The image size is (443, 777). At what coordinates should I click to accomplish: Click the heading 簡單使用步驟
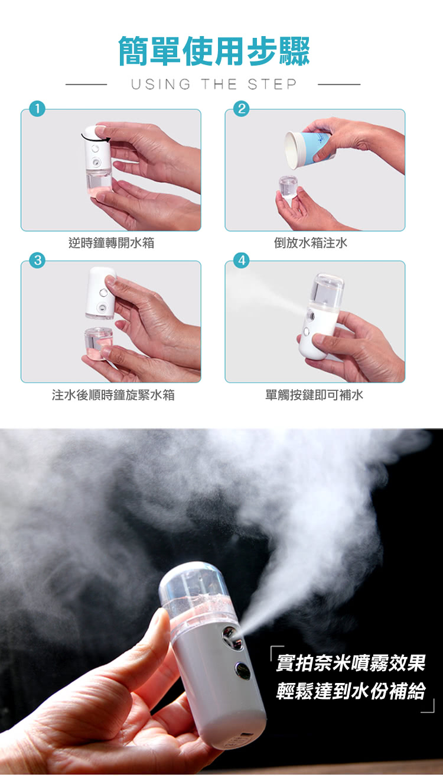pyautogui.click(x=214, y=51)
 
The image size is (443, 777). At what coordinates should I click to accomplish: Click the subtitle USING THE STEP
pyautogui.click(x=214, y=85)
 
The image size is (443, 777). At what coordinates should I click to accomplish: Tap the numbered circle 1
pyautogui.click(x=37, y=109)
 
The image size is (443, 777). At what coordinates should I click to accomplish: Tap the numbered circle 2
pyautogui.click(x=242, y=109)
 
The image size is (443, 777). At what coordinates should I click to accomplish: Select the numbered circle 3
pyautogui.click(x=37, y=260)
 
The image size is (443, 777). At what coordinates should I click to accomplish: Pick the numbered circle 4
pyautogui.click(x=242, y=260)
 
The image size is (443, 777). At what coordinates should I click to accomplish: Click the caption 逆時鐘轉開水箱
pyautogui.click(x=111, y=243)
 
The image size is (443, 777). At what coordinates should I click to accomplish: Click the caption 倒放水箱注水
pyautogui.click(x=310, y=243)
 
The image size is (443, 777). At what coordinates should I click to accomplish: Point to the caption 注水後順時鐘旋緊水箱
pyautogui.click(x=113, y=395)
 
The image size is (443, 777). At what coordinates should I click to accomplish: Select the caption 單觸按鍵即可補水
pyautogui.click(x=314, y=395)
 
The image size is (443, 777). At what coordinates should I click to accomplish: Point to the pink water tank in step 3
pyautogui.click(x=98, y=343)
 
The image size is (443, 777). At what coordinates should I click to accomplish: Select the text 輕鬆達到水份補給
pyautogui.click(x=350, y=691)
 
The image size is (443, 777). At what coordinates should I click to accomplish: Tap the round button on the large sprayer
pyautogui.click(x=242, y=669)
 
